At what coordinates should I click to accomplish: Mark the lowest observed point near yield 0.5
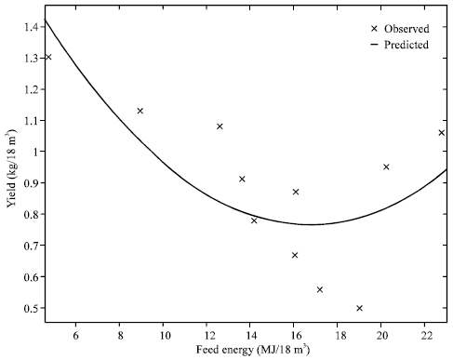point(360,308)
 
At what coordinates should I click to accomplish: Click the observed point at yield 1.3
point(48,58)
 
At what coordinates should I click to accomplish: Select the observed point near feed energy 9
point(140,111)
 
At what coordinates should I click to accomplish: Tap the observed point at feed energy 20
point(386,167)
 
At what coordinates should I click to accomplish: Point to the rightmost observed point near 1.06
point(442,133)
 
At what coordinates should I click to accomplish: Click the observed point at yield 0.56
point(320,289)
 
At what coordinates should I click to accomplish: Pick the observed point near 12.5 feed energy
point(220,127)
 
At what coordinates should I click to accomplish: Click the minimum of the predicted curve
point(312,224)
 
